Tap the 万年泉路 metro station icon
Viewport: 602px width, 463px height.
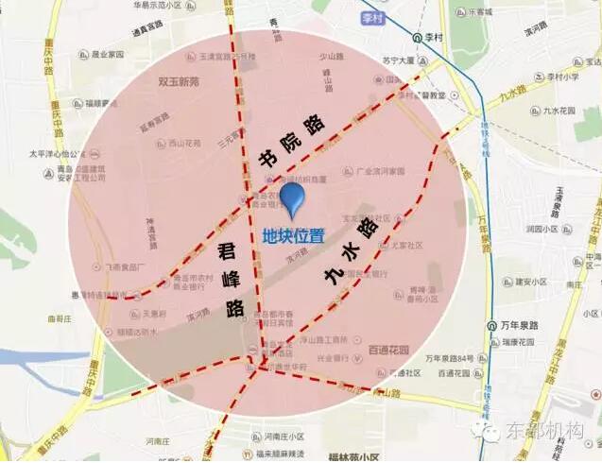(492, 324)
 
